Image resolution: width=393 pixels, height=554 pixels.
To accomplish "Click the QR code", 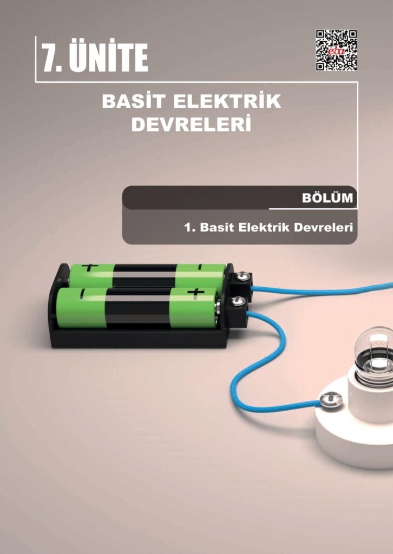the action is coord(337,50).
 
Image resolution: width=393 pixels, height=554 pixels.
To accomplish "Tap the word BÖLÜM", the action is coord(327,198).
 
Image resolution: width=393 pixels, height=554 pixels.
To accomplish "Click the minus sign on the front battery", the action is coord(83,293).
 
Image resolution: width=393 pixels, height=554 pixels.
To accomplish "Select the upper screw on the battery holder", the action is coord(241,276).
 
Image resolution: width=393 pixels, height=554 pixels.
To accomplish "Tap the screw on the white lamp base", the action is coord(331,400).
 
